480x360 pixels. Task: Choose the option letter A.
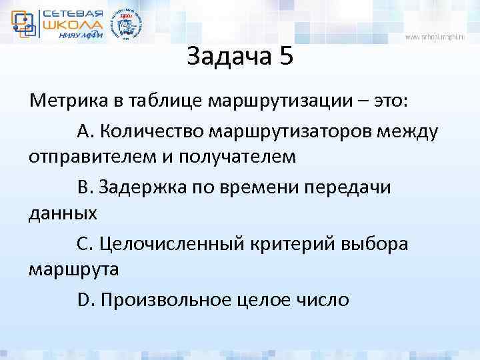coord(85,131)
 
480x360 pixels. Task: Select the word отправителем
coord(87,159)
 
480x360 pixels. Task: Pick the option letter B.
coord(85,187)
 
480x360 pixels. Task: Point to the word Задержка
coord(140,187)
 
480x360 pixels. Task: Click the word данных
coord(63,215)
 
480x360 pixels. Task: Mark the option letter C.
coord(85,243)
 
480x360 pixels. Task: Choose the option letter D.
coord(85,299)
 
